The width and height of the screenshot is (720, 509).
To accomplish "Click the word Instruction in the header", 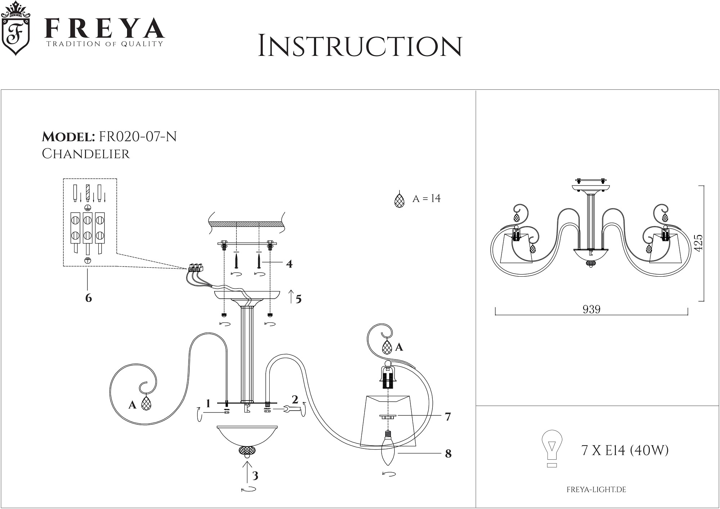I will click(x=360, y=46).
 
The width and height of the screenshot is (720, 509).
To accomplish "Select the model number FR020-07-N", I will click(x=138, y=137).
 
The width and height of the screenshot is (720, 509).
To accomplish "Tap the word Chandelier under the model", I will click(x=86, y=154).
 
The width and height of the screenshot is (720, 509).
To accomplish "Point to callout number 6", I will click(x=89, y=298).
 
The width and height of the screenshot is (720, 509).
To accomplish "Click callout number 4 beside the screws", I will click(x=289, y=264).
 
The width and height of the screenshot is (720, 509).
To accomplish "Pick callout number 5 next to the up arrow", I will click(x=298, y=299).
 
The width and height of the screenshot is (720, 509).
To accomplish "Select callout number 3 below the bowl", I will click(x=255, y=476).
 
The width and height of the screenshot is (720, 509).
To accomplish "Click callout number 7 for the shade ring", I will click(x=448, y=417).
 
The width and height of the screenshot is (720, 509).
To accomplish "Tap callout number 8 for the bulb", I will click(x=448, y=454).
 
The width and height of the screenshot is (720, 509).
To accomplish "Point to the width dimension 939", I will click(x=591, y=309).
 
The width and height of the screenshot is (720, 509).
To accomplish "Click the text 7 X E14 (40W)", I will click(x=625, y=450).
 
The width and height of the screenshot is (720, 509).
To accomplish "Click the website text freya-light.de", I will click(x=596, y=490).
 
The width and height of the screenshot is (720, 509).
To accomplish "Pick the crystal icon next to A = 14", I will click(x=399, y=200).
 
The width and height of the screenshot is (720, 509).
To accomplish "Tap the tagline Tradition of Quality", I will click(x=104, y=44).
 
